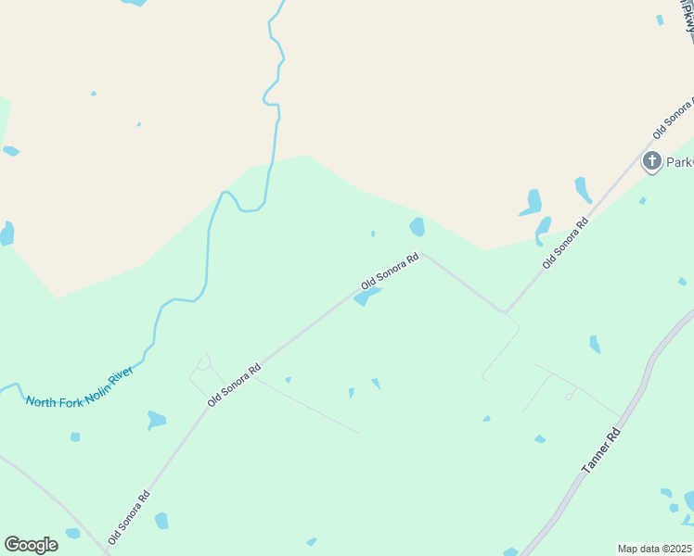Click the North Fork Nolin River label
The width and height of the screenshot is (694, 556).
coord(80,387)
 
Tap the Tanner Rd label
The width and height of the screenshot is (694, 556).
coord(599,451)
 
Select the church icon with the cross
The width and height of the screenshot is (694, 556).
coord(652,161)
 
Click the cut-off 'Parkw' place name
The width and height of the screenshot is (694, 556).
coord(679,162)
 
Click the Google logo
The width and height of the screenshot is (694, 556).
coord(31,545)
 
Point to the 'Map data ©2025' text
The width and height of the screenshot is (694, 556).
coord(655,549)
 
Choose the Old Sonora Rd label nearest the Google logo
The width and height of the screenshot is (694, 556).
coord(128,517)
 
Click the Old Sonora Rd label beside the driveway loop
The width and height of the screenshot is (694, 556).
coord(234,385)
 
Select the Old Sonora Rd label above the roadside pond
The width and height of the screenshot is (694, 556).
coord(391,271)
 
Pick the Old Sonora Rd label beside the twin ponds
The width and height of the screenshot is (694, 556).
coord(566,243)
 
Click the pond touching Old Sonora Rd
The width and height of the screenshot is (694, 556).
coord(366,297)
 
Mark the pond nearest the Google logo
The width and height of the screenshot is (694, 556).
coord(72,533)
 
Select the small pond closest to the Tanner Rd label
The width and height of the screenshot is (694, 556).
coord(540,438)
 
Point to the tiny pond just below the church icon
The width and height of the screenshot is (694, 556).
coord(642,200)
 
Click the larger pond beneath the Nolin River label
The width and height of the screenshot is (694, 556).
coord(156,421)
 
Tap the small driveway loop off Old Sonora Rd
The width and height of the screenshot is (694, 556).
coord(204,361)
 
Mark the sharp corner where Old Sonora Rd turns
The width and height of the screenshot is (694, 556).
coord(505,310)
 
